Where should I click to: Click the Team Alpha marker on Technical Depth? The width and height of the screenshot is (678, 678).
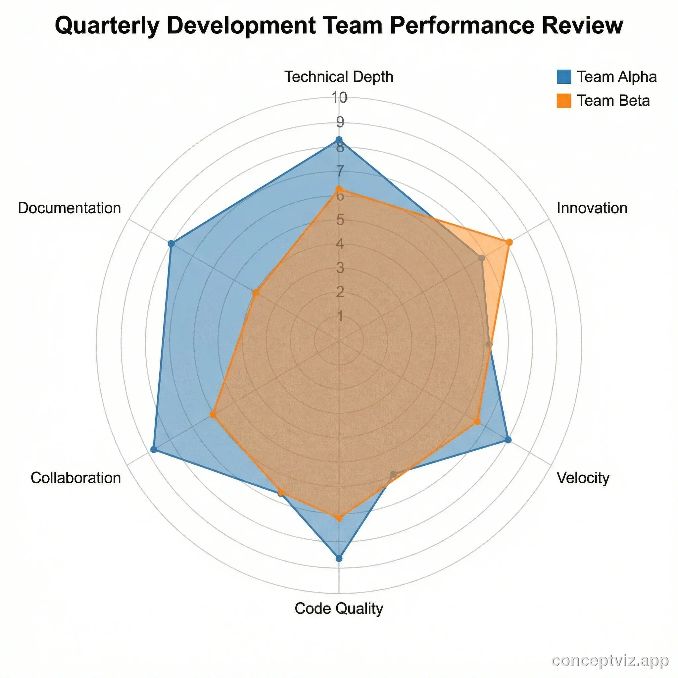[x=339, y=140]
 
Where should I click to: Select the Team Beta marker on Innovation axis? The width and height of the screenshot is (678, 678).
[x=509, y=242]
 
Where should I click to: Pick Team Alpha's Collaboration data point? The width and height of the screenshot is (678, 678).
[x=153, y=449]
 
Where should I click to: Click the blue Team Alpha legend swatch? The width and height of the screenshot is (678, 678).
[x=563, y=76]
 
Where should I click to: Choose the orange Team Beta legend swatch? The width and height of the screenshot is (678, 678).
[x=563, y=100]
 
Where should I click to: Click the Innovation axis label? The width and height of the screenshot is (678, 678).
[x=592, y=208]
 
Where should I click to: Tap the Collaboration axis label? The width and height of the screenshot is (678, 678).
[x=76, y=478]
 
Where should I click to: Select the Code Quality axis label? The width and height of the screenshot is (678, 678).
[x=339, y=608]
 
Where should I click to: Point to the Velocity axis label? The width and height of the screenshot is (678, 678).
[x=583, y=478]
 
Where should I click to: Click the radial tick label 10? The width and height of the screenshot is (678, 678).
[x=340, y=98]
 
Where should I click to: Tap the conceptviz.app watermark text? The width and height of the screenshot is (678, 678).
[x=610, y=661]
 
